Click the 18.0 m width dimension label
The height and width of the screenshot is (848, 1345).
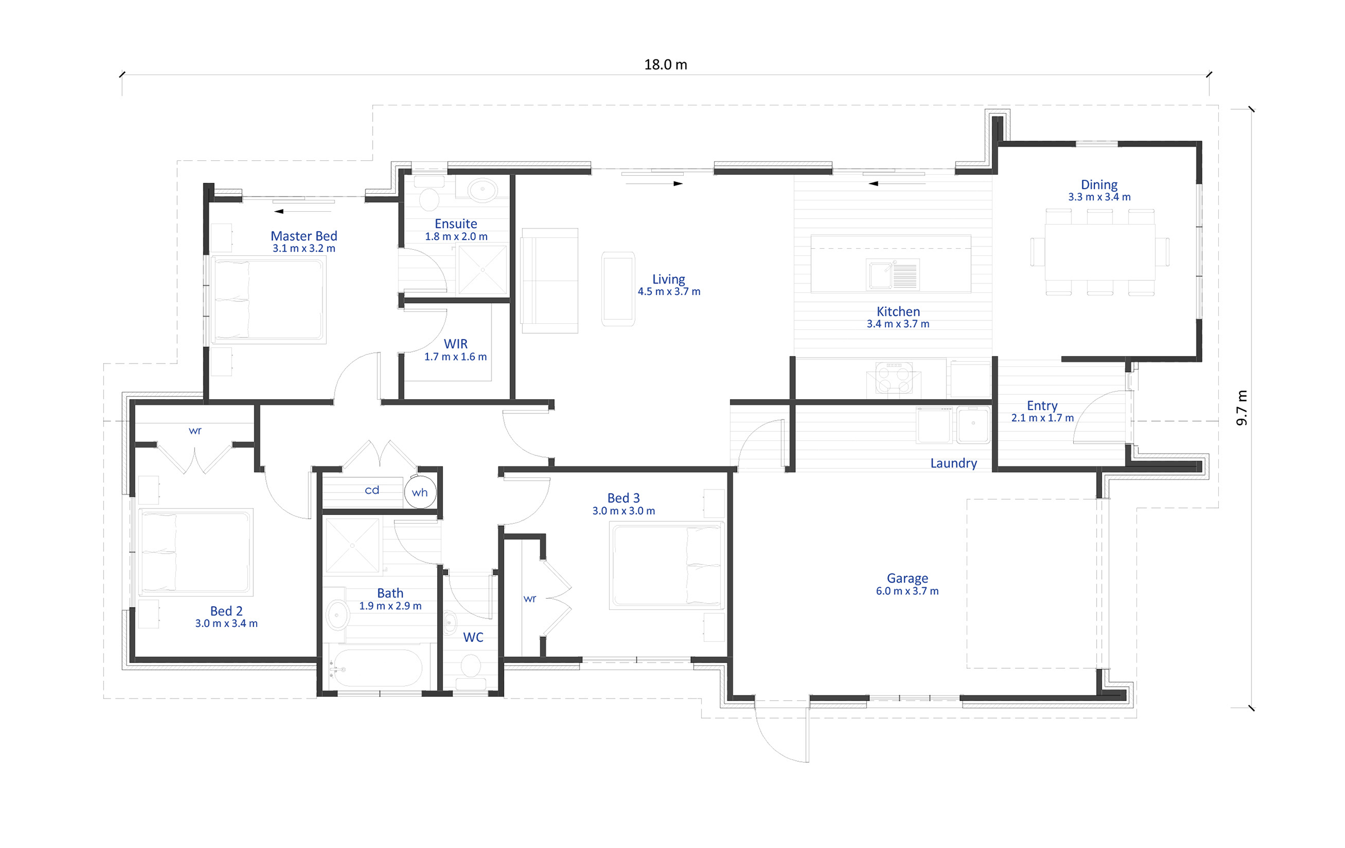665,64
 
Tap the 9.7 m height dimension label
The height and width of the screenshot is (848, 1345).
1242,408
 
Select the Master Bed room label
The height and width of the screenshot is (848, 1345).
304,236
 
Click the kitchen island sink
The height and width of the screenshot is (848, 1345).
892,274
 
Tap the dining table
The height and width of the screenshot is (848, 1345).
1100,251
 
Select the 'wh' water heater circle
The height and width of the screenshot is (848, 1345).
420,492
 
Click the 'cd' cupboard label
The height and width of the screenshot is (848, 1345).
372,490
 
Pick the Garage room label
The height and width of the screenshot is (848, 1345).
907,578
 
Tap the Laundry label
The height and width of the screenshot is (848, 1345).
953,463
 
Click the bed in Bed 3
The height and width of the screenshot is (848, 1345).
666,565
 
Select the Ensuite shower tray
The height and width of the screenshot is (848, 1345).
483,269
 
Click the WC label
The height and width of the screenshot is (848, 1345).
473,637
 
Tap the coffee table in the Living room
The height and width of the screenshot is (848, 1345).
618,288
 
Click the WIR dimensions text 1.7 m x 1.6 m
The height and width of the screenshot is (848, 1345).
455,357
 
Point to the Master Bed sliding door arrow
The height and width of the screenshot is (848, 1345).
303,211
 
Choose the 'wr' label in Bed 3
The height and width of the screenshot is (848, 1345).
530,599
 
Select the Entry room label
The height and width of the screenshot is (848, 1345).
1042,406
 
